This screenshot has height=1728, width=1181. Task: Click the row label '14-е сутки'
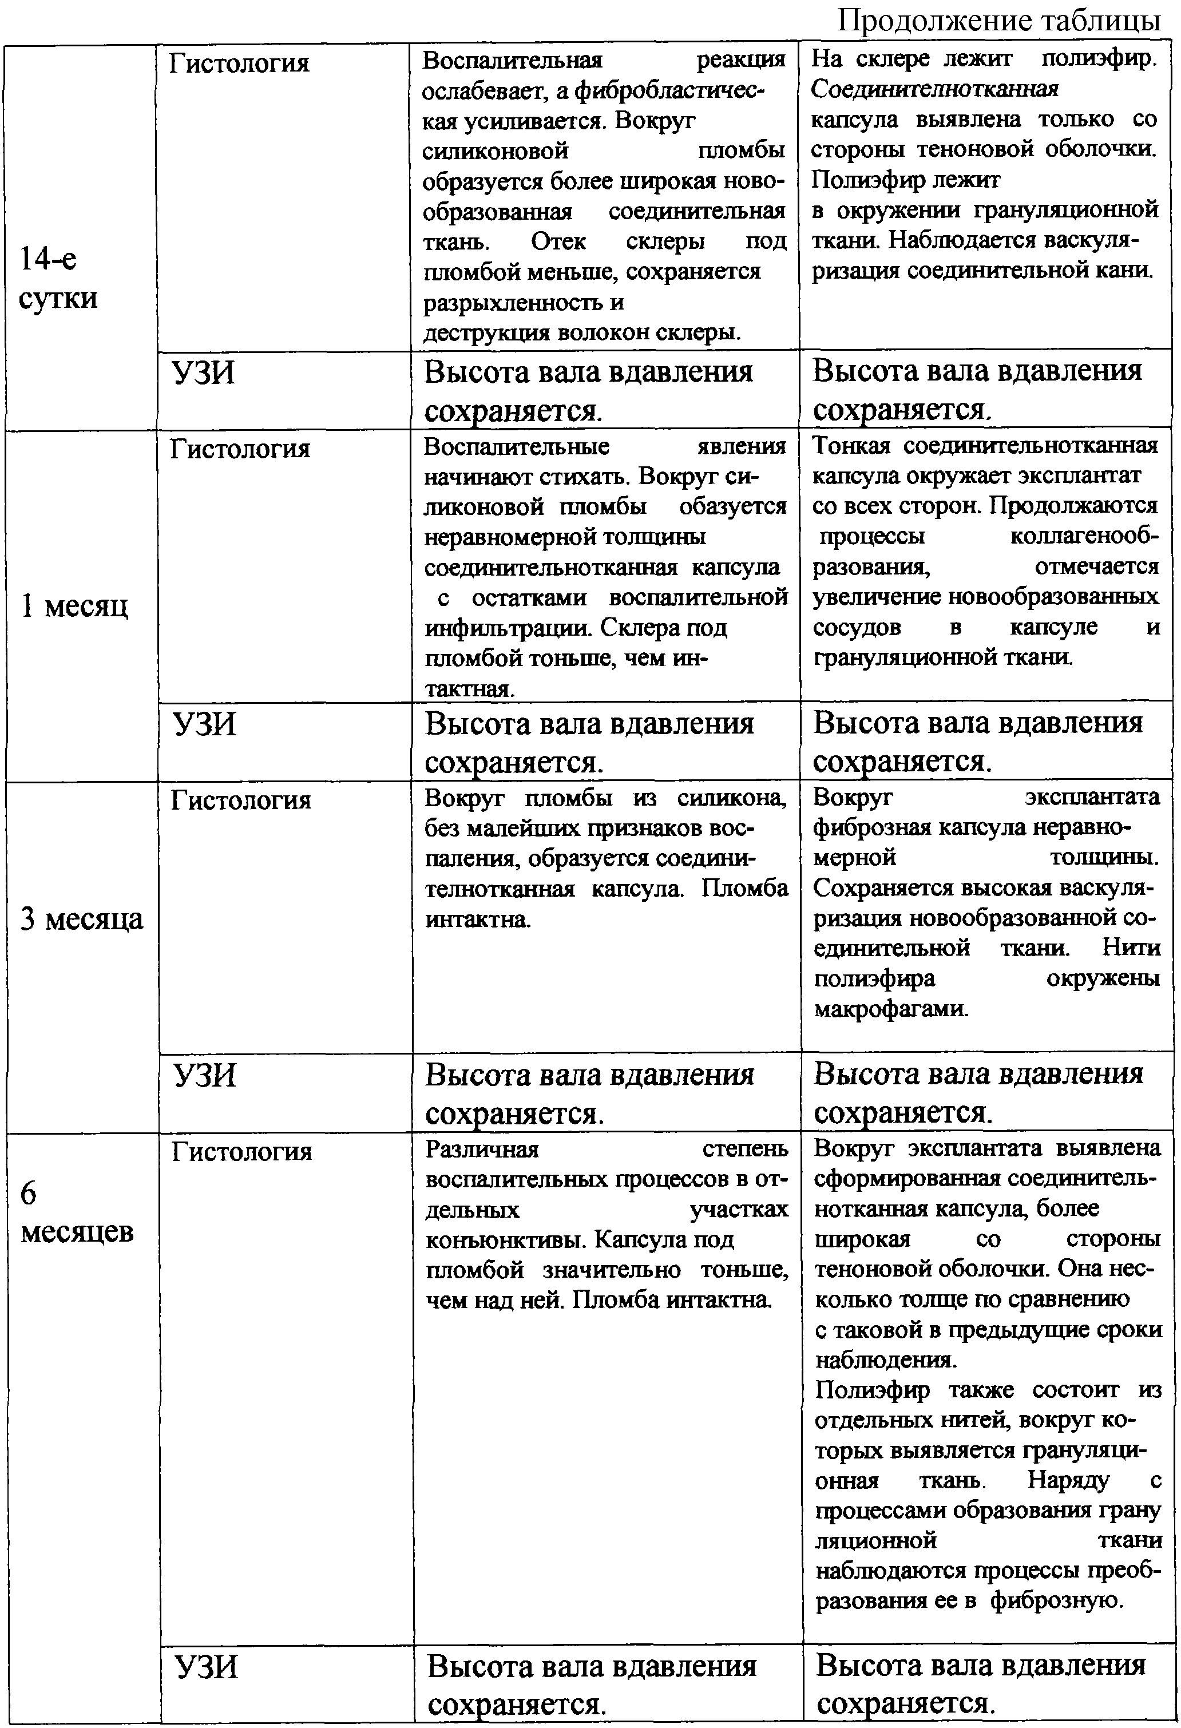point(58,278)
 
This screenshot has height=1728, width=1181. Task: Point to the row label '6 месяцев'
point(77,1212)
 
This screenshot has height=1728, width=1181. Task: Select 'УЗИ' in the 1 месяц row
point(204,723)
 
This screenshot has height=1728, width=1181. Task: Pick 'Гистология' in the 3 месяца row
point(241,800)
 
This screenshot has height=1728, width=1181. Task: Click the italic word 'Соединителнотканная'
point(935,89)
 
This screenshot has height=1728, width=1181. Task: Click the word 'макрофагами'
point(891,1009)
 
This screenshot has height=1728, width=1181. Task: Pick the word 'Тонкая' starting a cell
point(851,445)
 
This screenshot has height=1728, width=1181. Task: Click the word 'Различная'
point(482,1150)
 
